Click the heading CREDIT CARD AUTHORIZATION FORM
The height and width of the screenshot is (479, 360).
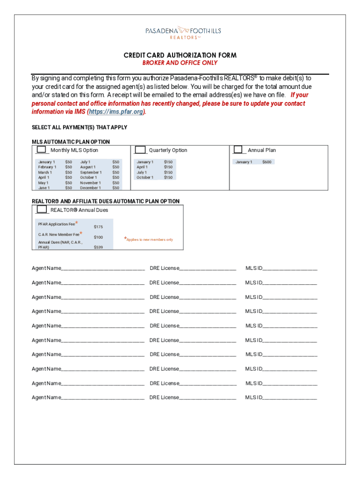180,55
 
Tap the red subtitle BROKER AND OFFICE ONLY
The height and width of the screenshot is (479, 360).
180,63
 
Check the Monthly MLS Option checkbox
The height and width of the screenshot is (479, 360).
42,150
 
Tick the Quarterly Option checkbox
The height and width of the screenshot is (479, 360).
140,150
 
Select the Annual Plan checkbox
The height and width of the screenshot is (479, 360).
239,150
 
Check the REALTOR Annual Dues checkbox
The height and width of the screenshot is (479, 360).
42,210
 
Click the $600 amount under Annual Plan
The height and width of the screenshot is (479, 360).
266,162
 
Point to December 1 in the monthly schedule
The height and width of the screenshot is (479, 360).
90,188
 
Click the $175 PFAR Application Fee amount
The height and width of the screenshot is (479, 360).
98,227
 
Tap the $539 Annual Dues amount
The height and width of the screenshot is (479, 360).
98,247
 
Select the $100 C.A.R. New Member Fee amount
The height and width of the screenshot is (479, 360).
98,237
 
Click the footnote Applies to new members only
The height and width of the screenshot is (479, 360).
149,239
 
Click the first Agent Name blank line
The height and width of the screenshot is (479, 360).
103,269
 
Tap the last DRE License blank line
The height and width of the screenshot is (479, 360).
208,398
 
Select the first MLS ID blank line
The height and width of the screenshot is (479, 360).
290,269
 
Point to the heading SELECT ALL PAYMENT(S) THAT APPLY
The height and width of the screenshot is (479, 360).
79,127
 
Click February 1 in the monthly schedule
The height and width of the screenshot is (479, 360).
47,167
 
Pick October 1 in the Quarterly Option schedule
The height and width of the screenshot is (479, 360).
144,177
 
